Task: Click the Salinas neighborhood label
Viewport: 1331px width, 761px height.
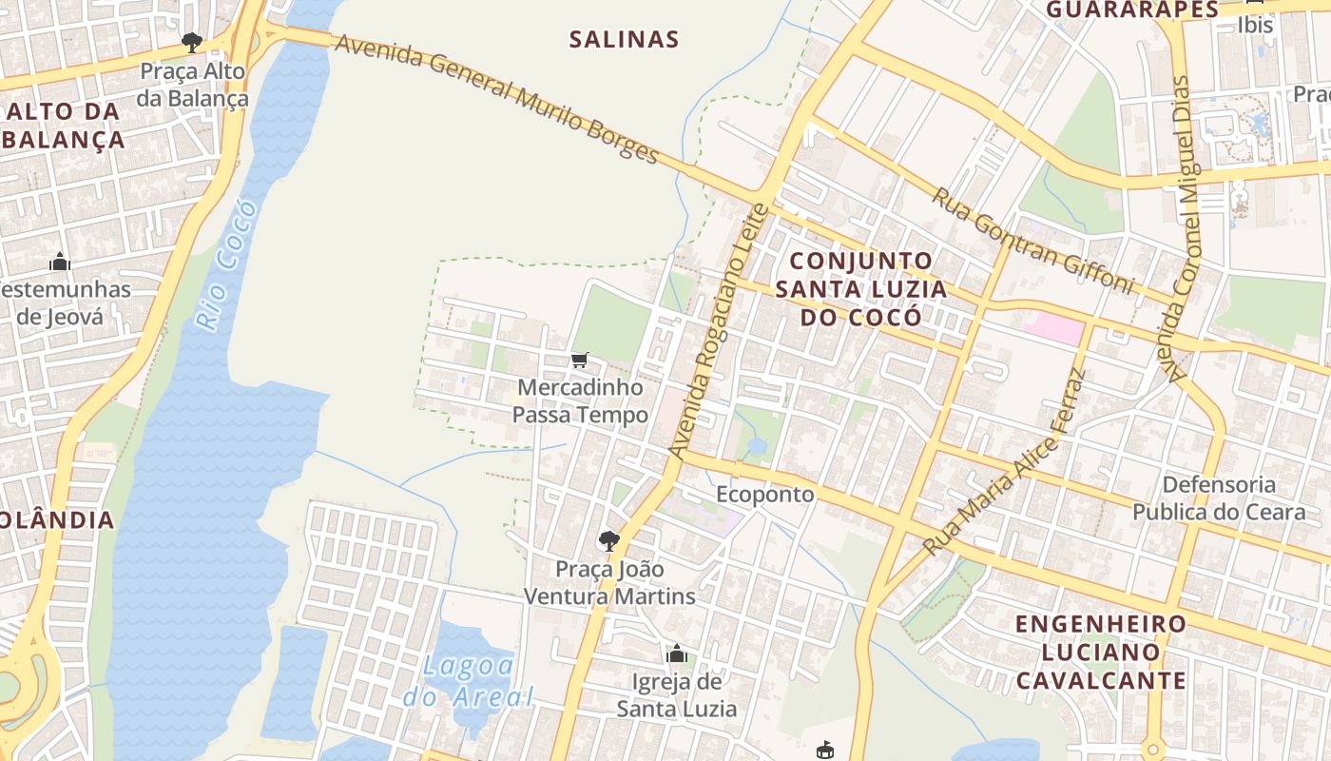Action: tap(624, 39)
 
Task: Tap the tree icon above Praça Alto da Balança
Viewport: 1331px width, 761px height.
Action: tap(192, 43)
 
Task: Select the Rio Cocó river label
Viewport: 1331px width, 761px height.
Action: tap(226, 265)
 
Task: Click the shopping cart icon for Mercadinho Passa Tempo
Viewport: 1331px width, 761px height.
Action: tap(580, 360)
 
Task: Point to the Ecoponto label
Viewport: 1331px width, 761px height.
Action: tap(765, 494)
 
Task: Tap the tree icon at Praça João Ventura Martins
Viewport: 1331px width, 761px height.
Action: tap(609, 541)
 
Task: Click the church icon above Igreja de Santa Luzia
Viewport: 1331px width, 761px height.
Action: tap(677, 654)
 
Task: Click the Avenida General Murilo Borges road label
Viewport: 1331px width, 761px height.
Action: tap(496, 98)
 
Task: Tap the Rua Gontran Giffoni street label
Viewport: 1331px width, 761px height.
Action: tap(1032, 240)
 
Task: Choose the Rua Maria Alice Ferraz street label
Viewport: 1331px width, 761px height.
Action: tap(1004, 462)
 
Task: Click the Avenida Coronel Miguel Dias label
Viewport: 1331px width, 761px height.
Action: tap(1181, 228)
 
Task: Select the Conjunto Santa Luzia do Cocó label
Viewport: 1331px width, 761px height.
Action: tap(861, 288)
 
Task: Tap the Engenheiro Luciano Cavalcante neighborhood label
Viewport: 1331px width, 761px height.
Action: tap(1101, 652)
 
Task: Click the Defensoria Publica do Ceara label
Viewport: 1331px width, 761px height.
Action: tap(1219, 498)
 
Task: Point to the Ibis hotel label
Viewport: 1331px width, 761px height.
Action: tap(1255, 25)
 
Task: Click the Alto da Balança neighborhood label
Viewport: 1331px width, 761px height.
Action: tap(63, 125)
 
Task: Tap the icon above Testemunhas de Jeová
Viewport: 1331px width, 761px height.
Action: tap(60, 262)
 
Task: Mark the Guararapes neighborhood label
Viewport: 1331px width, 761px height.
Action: tap(1132, 10)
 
